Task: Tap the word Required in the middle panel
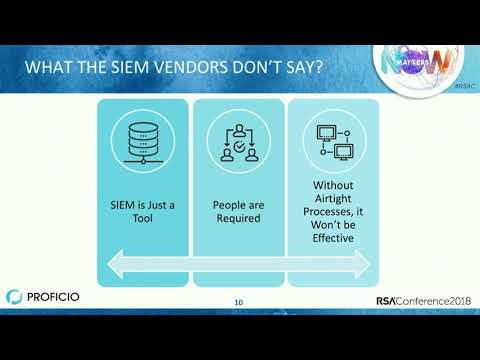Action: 238,218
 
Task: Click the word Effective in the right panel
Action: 333,239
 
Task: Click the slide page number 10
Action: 238,302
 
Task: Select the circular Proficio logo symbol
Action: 13,297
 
